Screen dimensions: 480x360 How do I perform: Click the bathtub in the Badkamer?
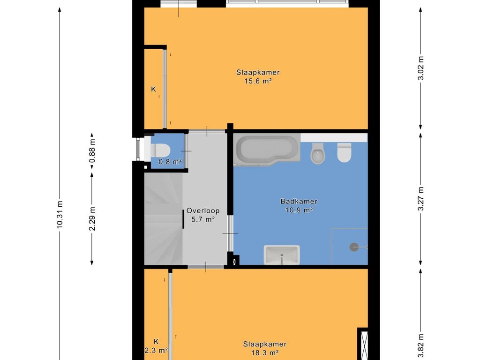click(x=267, y=150)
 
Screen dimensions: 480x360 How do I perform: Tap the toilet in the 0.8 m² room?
click(x=160, y=150)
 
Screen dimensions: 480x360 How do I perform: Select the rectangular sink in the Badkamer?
click(x=282, y=255)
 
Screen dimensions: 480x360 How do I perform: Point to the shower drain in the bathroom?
click(x=354, y=247)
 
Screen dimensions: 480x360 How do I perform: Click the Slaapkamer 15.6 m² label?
click(x=258, y=76)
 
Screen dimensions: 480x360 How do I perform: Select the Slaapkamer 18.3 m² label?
click(x=265, y=348)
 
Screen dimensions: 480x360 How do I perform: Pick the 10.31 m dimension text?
click(x=60, y=214)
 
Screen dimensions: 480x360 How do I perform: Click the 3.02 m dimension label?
click(x=421, y=68)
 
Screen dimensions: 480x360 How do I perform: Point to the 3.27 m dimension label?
click(x=421, y=199)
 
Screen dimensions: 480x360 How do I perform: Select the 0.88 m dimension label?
click(x=92, y=151)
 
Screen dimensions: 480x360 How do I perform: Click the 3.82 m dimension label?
click(x=421, y=345)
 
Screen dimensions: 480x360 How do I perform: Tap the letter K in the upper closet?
click(x=154, y=89)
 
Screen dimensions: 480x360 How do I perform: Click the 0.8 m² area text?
click(x=170, y=161)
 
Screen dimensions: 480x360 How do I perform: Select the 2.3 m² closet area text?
click(x=156, y=350)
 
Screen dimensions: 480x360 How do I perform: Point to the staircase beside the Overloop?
click(x=164, y=218)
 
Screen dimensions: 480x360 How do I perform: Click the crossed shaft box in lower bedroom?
click(x=364, y=344)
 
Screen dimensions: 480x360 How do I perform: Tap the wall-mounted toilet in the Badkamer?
click(x=344, y=152)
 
